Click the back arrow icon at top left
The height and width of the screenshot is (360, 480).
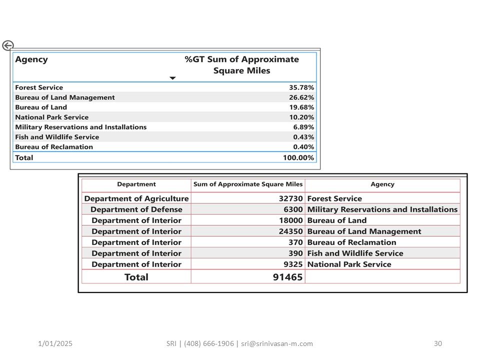click(7, 46)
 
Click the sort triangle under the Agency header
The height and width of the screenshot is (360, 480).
click(172, 78)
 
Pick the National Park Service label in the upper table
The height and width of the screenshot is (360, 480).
click(51, 117)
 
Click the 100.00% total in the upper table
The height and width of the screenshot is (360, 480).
click(298, 157)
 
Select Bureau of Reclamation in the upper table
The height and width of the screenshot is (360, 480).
click(54, 147)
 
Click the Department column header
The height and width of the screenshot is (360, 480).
click(136, 184)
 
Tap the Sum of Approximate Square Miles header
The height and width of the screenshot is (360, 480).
click(248, 184)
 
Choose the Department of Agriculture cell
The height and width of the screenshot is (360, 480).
click(136, 198)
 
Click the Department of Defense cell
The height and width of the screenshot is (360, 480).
click(136, 209)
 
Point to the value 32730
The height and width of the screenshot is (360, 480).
click(290, 198)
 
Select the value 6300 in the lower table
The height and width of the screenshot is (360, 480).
click(292, 209)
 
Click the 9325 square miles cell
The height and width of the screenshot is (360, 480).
click(292, 264)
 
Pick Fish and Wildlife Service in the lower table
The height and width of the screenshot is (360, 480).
click(355, 253)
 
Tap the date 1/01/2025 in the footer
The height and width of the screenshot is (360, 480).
click(55, 343)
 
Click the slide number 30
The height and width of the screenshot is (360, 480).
click(438, 343)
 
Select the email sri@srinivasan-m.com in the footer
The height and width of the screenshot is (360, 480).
click(277, 343)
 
